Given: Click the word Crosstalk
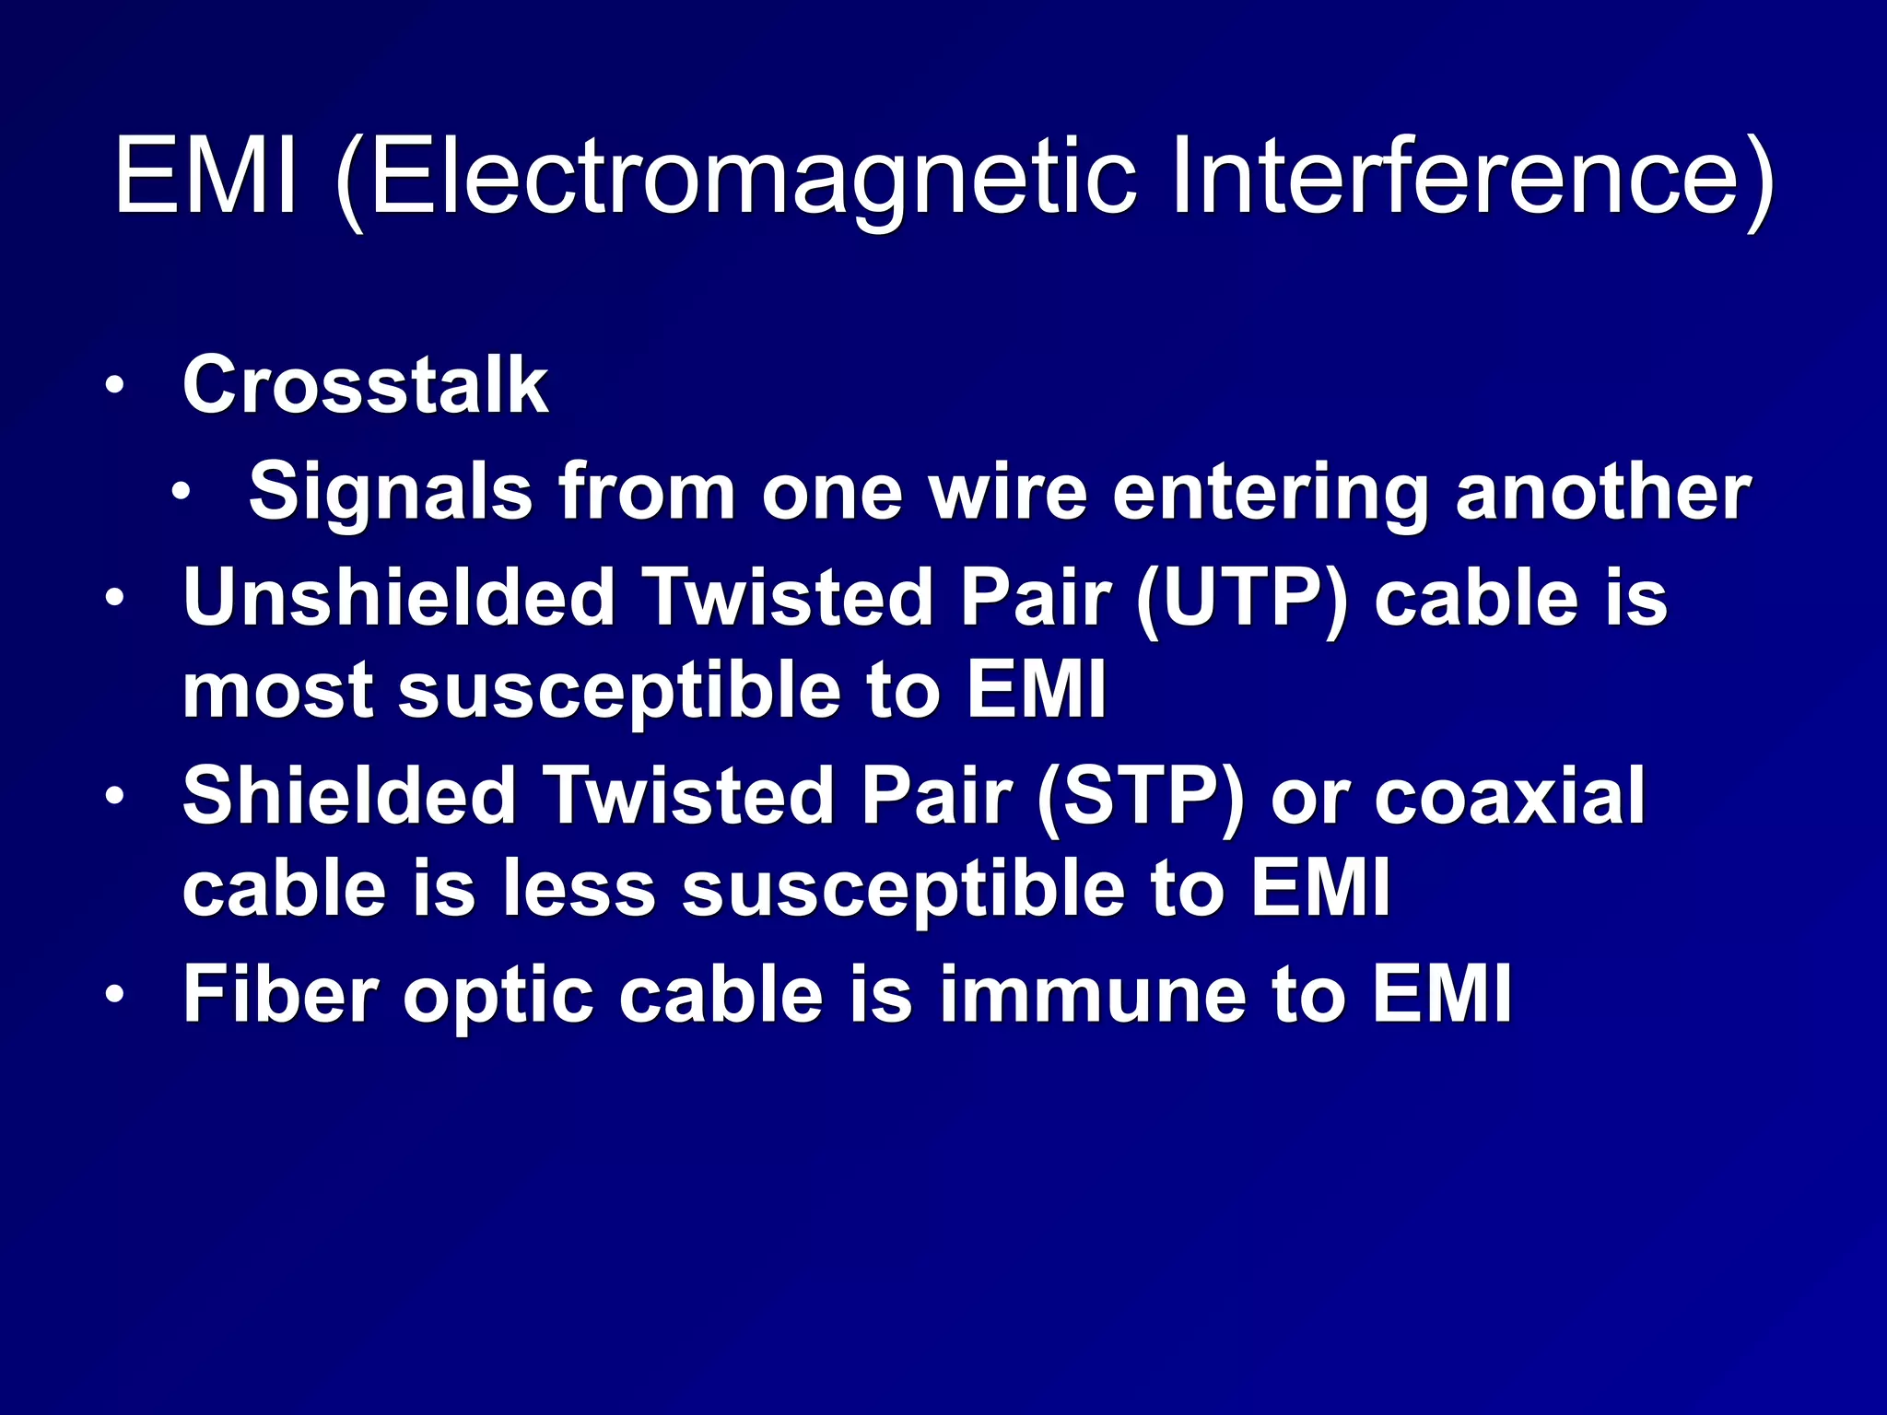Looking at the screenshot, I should [365, 385].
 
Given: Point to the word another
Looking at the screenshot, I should [1602, 492].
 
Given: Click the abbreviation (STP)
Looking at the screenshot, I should [1141, 796].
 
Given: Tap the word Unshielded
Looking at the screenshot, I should [399, 599].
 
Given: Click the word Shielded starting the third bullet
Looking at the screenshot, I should [349, 796].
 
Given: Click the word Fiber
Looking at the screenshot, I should [280, 995].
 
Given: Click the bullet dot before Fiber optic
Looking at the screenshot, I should [113, 996].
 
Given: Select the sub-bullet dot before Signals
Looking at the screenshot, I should [181, 492].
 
